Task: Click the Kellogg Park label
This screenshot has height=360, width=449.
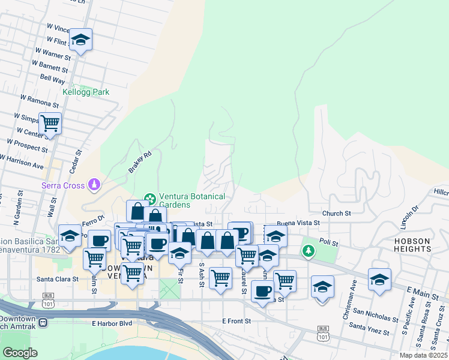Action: click(x=86, y=92)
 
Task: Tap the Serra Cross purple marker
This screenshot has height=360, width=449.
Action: click(x=94, y=184)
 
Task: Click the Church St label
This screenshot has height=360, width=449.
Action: click(x=336, y=213)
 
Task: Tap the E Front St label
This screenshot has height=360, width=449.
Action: click(x=237, y=321)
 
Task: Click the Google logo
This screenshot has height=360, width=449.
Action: click(x=20, y=353)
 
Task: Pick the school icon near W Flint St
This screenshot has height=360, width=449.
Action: click(x=80, y=40)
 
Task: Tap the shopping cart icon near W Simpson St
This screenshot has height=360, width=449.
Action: click(x=50, y=124)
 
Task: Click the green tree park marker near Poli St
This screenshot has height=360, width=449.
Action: click(x=309, y=250)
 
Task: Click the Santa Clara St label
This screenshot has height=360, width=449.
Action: click(x=58, y=279)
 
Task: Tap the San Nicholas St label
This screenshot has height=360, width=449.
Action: click(x=375, y=316)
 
